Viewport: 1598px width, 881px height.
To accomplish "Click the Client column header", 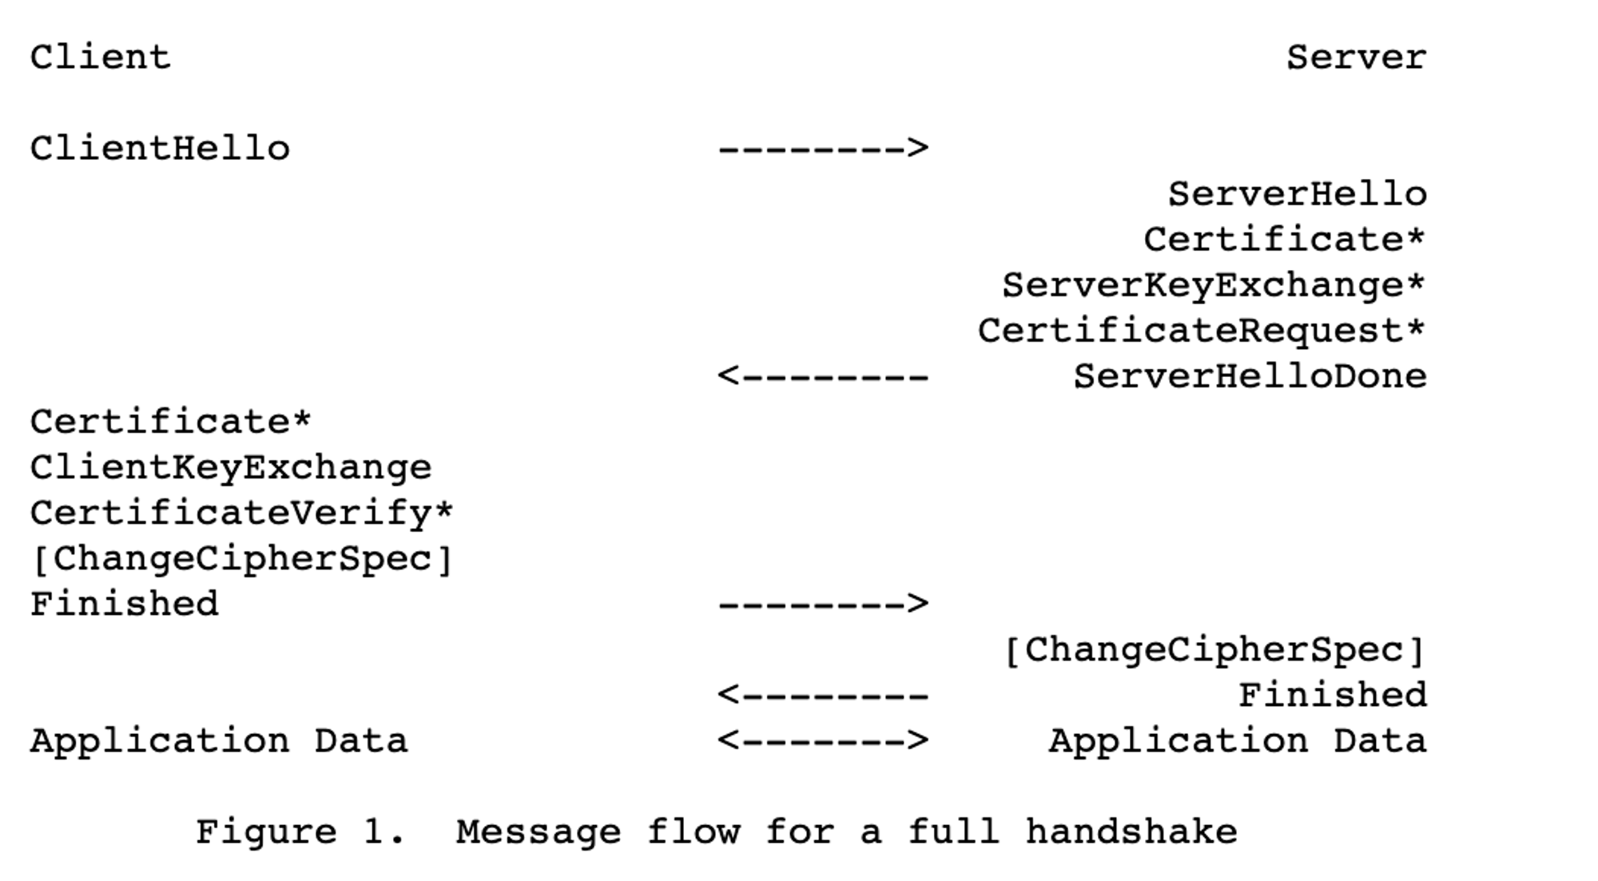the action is click(101, 58).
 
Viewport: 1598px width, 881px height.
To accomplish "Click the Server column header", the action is click(1356, 58).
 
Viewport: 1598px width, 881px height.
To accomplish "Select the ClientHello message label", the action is click(160, 149).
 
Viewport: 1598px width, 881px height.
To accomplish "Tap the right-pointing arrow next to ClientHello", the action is click(824, 149).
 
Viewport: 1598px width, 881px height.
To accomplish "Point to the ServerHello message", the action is click(1298, 194).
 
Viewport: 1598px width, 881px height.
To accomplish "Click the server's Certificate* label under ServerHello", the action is click(1285, 240).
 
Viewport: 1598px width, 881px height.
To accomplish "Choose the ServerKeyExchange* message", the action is click(1214, 285).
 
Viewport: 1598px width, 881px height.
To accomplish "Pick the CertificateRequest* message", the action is click(1202, 331).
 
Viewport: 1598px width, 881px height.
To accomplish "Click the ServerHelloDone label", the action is click(1250, 376).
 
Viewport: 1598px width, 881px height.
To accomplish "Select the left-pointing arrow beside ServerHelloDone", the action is click(824, 376).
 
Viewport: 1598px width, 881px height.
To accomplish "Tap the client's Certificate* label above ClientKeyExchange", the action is click(171, 422).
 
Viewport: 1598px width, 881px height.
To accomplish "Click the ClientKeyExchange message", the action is click(231, 467).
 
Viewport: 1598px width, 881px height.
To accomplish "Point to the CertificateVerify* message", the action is click(242, 513).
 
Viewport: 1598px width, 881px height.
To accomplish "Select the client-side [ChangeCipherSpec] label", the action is click(242, 558).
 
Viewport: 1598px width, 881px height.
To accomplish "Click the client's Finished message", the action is click(125, 604).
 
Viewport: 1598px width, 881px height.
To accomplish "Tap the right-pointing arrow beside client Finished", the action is click(824, 604).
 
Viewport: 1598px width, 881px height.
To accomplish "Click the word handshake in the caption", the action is click(1131, 832).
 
